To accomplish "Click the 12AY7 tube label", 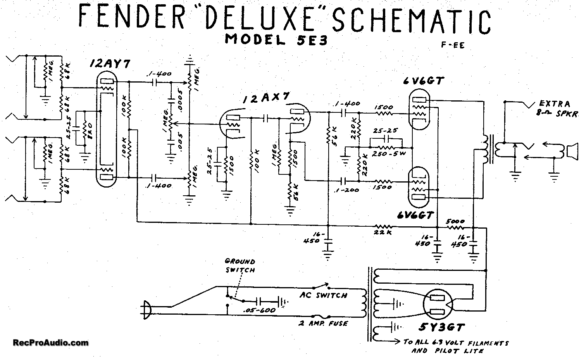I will [104, 64].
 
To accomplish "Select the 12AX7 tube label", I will [266, 99].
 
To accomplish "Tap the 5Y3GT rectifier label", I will [441, 328].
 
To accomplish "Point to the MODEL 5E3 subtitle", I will [276, 40].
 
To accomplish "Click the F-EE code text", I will [452, 45].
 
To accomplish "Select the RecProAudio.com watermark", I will [50, 343].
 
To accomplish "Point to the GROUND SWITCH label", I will [240, 265].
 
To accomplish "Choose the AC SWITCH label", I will [323, 295].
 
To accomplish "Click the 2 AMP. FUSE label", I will [323, 323].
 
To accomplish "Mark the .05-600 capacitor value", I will [259, 310].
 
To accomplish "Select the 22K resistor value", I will [383, 232].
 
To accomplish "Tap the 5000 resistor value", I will [455, 221].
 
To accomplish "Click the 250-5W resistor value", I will [388, 154].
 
